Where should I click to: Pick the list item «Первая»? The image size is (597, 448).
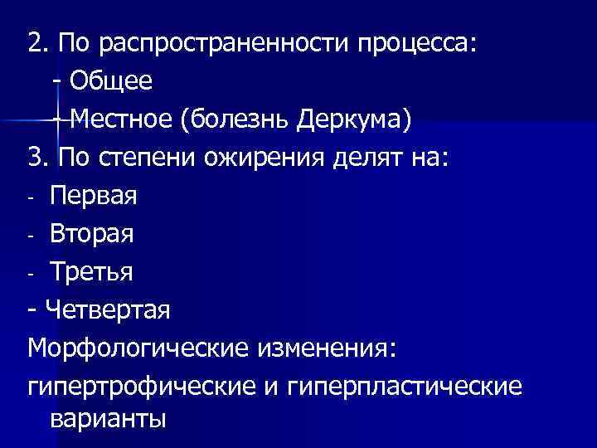pos(94,196)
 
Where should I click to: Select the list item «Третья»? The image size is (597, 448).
pos(90,272)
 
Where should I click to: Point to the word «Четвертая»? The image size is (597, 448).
pos(109,310)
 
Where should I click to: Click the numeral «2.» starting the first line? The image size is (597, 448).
pos(38,42)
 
